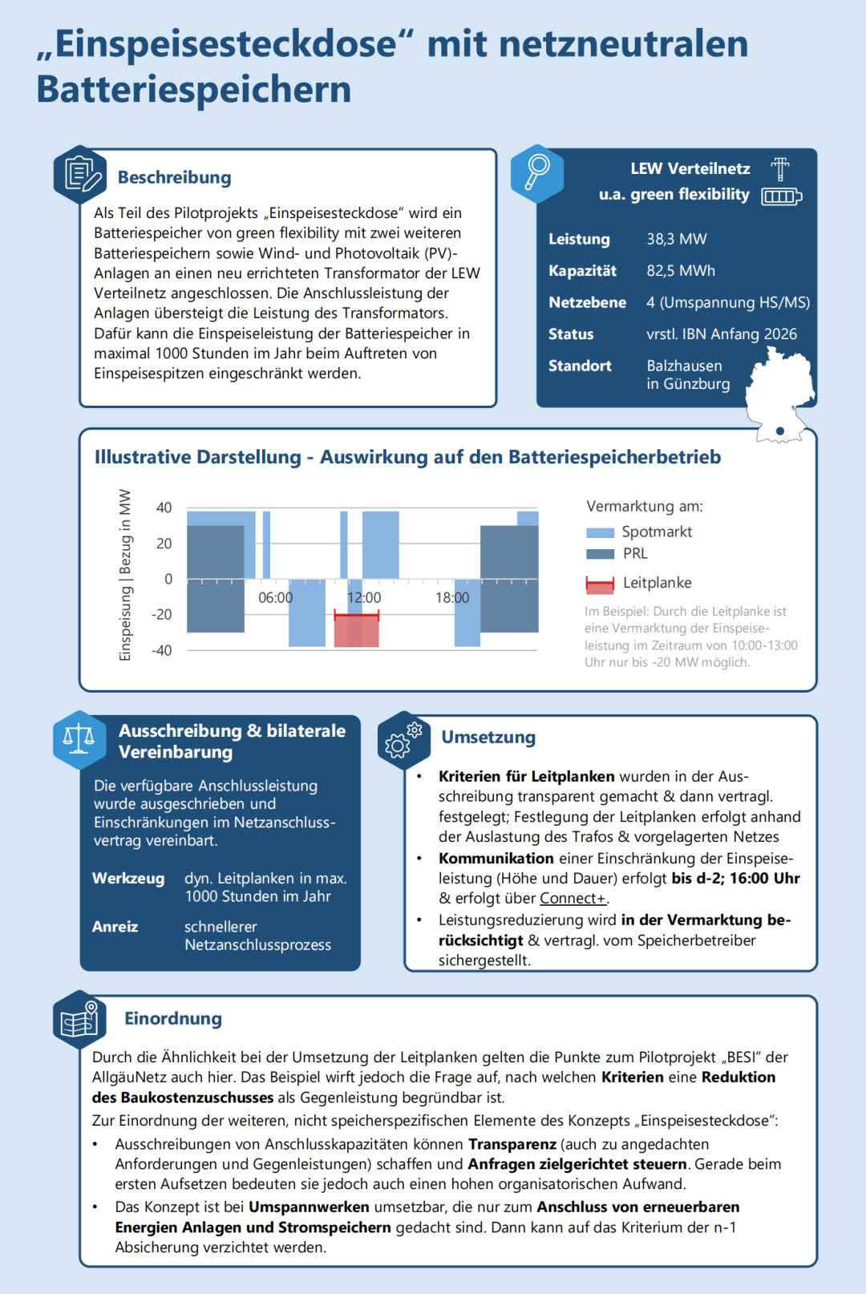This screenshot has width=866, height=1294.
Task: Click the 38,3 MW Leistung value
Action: tap(676, 239)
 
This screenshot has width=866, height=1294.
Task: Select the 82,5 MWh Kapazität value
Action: tap(680, 271)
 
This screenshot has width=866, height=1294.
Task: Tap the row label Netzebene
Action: tap(587, 302)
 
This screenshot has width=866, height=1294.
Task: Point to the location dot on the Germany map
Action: tap(780, 431)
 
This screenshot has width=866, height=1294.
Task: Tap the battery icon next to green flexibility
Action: tap(781, 196)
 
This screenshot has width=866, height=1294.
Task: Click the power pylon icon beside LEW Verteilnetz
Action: tap(780, 169)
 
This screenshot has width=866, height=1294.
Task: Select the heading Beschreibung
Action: tap(174, 177)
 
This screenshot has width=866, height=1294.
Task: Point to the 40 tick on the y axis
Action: tap(164, 507)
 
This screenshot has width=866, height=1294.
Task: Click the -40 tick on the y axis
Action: tap(162, 650)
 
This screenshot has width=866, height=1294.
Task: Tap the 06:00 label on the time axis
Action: tap(275, 598)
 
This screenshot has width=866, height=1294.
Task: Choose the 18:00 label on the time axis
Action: tap(452, 598)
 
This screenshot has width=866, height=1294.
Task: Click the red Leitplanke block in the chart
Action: tap(356, 630)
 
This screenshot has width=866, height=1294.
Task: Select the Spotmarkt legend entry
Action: tap(656, 532)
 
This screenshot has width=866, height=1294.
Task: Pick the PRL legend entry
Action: tap(634, 553)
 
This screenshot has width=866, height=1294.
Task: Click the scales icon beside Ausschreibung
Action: tap(79, 738)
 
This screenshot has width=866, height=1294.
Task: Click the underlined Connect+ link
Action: tap(573, 899)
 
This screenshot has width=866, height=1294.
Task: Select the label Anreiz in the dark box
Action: tap(115, 927)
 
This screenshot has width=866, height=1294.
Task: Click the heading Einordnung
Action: tap(172, 1018)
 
